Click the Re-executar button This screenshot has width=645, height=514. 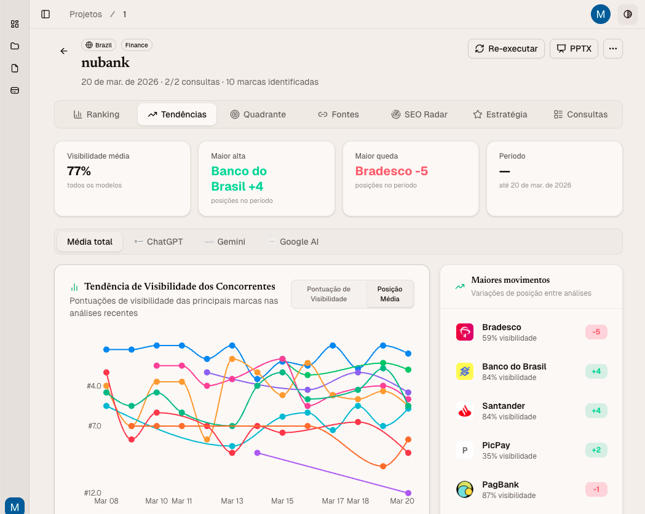click(506, 49)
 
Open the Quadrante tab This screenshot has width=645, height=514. click(258, 114)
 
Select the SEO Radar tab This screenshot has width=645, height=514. click(419, 114)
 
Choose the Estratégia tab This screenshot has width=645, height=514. click(500, 114)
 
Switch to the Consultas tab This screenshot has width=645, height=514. click(580, 114)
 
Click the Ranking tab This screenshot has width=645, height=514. click(97, 114)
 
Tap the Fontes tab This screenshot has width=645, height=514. click(338, 114)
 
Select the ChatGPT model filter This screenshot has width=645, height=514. click(159, 242)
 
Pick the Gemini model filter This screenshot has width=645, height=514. click(225, 242)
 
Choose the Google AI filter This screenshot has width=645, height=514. click(293, 242)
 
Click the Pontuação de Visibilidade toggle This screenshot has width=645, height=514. click(328, 294)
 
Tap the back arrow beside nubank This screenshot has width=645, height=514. click(64, 51)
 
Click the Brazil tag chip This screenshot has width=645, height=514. click(99, 45)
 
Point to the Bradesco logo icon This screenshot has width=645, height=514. click(465, 332)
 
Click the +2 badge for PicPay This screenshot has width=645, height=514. click(596, 450)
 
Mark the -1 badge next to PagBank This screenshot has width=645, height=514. click(596, 489)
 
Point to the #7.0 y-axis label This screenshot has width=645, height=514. click(94, 426)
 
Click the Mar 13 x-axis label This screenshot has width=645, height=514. click(232, 501)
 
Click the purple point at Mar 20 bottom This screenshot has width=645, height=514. click(408, 492)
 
